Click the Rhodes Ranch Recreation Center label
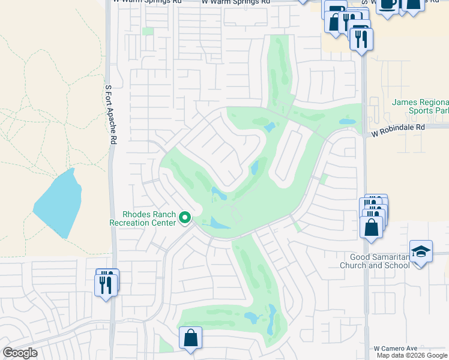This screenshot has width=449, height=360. click(x=142, y=218)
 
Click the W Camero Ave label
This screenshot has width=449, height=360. click(x=394, y=348)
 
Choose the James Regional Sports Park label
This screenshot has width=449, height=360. click(x=420, y=106)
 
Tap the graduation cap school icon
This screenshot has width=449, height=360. click(x=421, y=252)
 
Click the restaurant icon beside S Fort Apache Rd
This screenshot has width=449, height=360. click(x=106, y=284)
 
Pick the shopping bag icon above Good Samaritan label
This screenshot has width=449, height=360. click(x=372, y=227)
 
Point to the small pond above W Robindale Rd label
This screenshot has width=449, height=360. click(x=347, y=121)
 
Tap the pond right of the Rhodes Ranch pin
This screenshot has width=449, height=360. click(x=219, y=224)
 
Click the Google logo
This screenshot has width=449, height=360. click(x=20, y=353)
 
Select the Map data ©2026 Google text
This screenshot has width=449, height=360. click(x=412, y=355)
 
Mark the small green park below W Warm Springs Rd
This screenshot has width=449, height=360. click(x=148, y=31)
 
